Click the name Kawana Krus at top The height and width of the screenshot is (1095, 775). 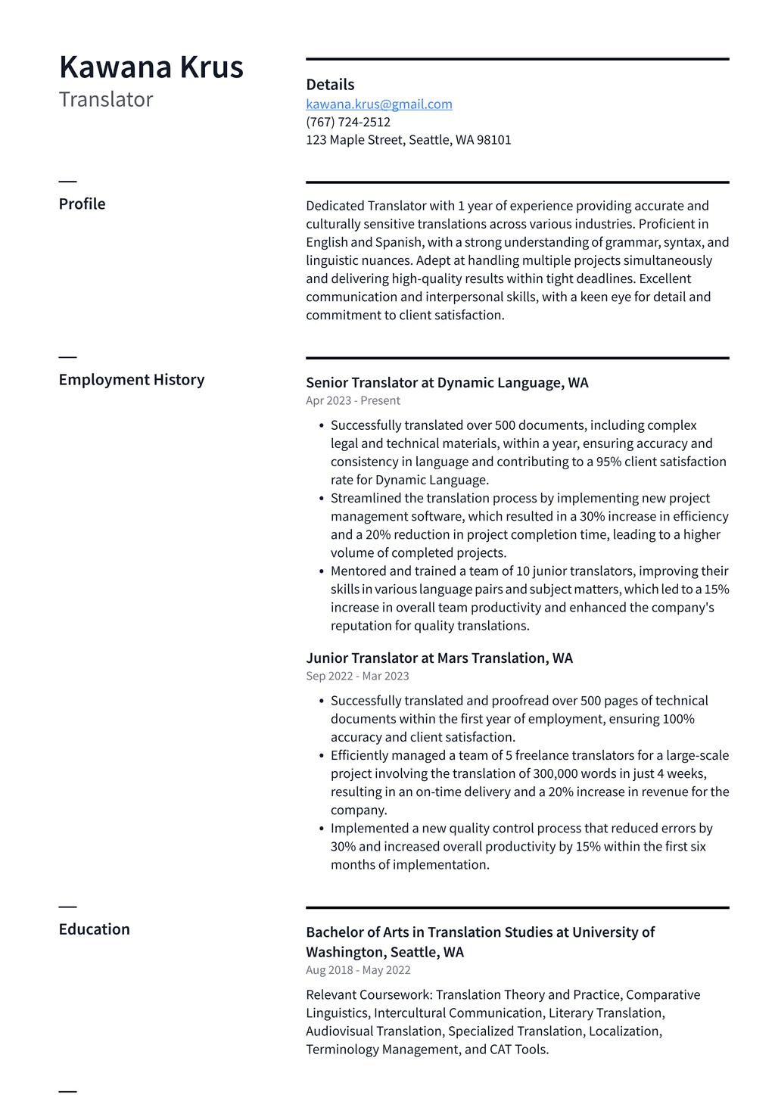pyautogui.click(x=151, y=67)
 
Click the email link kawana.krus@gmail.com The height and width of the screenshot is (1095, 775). pyautogui.click(x=378, y=104)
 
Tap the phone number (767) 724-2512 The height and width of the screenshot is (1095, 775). pyautogui.click(x=348, y=122)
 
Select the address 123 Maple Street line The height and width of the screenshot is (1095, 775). pyautogui.click(x=408, y=140)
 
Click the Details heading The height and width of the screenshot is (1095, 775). pyautogui.click(x=330, y=85)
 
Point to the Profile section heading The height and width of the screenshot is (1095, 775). pyautogui.click(x=82, y=204)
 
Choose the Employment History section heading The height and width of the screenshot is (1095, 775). pyautogui.click(x=132, y=380)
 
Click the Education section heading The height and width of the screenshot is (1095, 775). pyautogui.click(x=94, y=929)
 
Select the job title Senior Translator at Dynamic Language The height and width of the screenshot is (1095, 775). pyautogui.click(x=447, y=383)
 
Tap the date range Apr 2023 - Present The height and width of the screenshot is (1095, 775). pyautogui.click(x=353, y=401)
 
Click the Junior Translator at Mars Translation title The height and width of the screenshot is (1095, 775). pyautogui.click(x=439, y=658)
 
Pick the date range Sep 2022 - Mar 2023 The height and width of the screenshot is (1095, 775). pyautogui.click(x=357, y=677)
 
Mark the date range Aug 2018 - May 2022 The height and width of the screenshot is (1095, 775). pyautogui.click(x=358, y=970)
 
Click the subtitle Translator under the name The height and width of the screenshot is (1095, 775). pyautogui.click(x=106, y=100)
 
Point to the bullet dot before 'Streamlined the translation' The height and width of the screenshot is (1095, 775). pyautogui.click(x=322, y=499)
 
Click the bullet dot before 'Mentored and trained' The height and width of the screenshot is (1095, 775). pyautogui.click(x=322, y=571)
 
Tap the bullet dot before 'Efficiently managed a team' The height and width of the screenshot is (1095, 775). pyautogui.click(x=322, y=756)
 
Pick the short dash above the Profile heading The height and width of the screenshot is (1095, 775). pyautogui.click(x=67, y=182)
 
